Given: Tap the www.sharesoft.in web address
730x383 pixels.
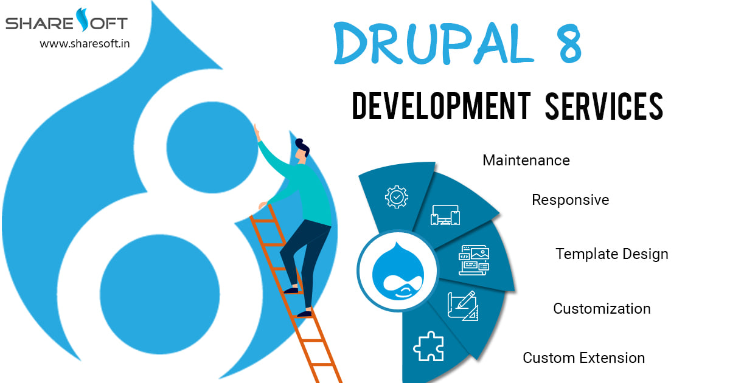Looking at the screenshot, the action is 85,43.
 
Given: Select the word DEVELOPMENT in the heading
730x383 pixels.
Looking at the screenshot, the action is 442,106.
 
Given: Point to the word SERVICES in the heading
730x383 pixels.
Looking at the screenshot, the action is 604,106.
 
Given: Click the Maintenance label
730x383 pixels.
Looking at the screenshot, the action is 526,160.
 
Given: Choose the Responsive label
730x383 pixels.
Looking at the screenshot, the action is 571,200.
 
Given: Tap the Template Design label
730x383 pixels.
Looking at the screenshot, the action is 612,254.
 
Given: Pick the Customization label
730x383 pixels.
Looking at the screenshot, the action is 602,308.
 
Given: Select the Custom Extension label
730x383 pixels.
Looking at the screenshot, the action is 583,358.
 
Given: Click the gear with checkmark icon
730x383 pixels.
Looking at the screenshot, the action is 396,197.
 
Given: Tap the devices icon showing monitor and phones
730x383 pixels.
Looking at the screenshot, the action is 445,215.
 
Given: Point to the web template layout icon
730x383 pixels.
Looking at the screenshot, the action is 474,260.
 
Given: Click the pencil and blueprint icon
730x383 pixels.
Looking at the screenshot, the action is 463,306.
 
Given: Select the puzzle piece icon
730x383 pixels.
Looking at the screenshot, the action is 428,346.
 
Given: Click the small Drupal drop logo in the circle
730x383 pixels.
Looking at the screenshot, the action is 398,271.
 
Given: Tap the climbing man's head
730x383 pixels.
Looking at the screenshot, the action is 302,151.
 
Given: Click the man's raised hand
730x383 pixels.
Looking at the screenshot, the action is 257,133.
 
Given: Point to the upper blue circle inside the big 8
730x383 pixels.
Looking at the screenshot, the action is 212,147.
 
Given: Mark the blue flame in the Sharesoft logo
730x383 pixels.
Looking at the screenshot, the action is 83,19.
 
